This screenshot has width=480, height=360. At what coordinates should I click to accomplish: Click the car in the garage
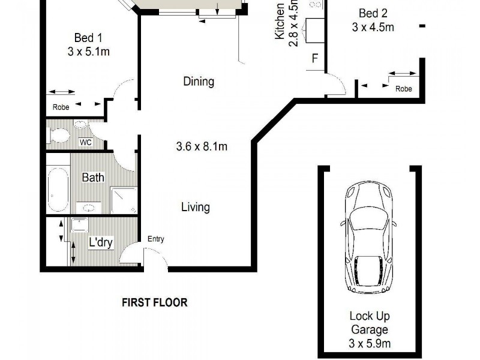click(x=368, y=238)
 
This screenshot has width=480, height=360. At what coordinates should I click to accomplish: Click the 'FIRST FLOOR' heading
click(x=154, y=302)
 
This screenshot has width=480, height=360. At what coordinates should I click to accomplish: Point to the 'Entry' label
click(x=155, y=239)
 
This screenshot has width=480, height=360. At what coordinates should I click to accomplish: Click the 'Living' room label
click(x=196, y=207)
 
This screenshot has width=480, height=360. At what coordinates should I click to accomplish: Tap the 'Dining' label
click(x=199, y=81)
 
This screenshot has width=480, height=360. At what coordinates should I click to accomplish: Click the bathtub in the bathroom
click(x=58, y=188)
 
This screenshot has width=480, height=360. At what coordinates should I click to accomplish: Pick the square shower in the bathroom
click(x=124, y=200)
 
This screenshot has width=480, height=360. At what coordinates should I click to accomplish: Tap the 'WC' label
click(x=86, y=143)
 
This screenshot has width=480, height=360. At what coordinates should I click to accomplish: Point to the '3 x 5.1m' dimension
click(x=88, y=52)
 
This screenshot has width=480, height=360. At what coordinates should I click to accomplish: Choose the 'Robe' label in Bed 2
click(x=404, y=89)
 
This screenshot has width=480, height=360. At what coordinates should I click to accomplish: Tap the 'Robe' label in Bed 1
click(x=61, y=107)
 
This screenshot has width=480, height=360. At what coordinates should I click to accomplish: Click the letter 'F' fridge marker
click(x=314, y=59)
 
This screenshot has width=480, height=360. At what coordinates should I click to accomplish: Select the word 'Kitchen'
click(x=280, y=22)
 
